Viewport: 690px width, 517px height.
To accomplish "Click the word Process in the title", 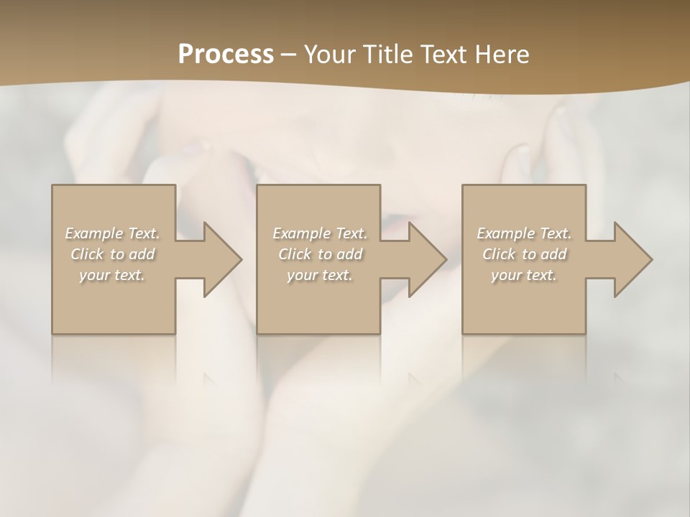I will [226, 55].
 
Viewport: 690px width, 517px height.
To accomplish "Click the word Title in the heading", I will [385, 55].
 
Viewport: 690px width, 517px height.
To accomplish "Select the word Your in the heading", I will [331, 55].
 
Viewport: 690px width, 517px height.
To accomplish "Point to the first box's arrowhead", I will [218, 259].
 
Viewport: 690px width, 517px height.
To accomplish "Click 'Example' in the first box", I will [94, 233].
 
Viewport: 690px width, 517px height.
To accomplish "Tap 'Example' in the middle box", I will [301, 233].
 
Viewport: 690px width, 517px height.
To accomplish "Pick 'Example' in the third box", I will [505, 233].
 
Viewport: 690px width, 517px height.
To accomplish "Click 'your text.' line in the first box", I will [112, 275].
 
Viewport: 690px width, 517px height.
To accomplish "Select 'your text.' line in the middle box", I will [319, 275].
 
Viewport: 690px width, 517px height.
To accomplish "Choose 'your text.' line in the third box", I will [523, 275].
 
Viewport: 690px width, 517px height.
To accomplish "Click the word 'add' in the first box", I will [142, 254].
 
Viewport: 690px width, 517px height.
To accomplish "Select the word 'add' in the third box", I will [554, 254].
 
